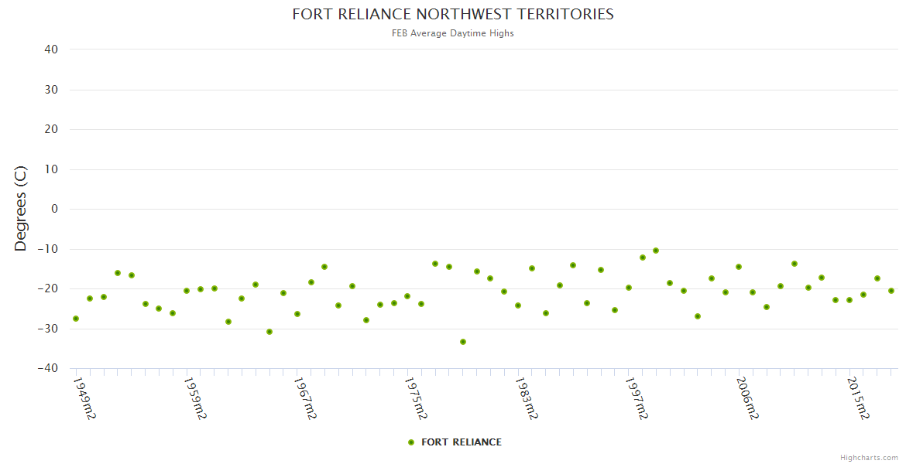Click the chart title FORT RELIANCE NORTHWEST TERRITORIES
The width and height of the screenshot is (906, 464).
click(x=453, y=14)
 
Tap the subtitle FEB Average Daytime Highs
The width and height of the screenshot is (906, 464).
click(x=453, y=33)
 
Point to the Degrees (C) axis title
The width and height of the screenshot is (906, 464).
click(x=21, y=209)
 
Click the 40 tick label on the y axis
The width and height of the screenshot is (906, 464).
click(x=51, y=49)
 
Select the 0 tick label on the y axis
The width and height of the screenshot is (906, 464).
click(x=54, y=209)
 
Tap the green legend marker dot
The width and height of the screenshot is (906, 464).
click(x=411, y=442)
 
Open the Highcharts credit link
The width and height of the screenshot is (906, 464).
click(x=869, y=457)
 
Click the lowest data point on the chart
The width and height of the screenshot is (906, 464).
click(x=463, y=342)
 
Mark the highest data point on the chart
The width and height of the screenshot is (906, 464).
click(x=656, y=251)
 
